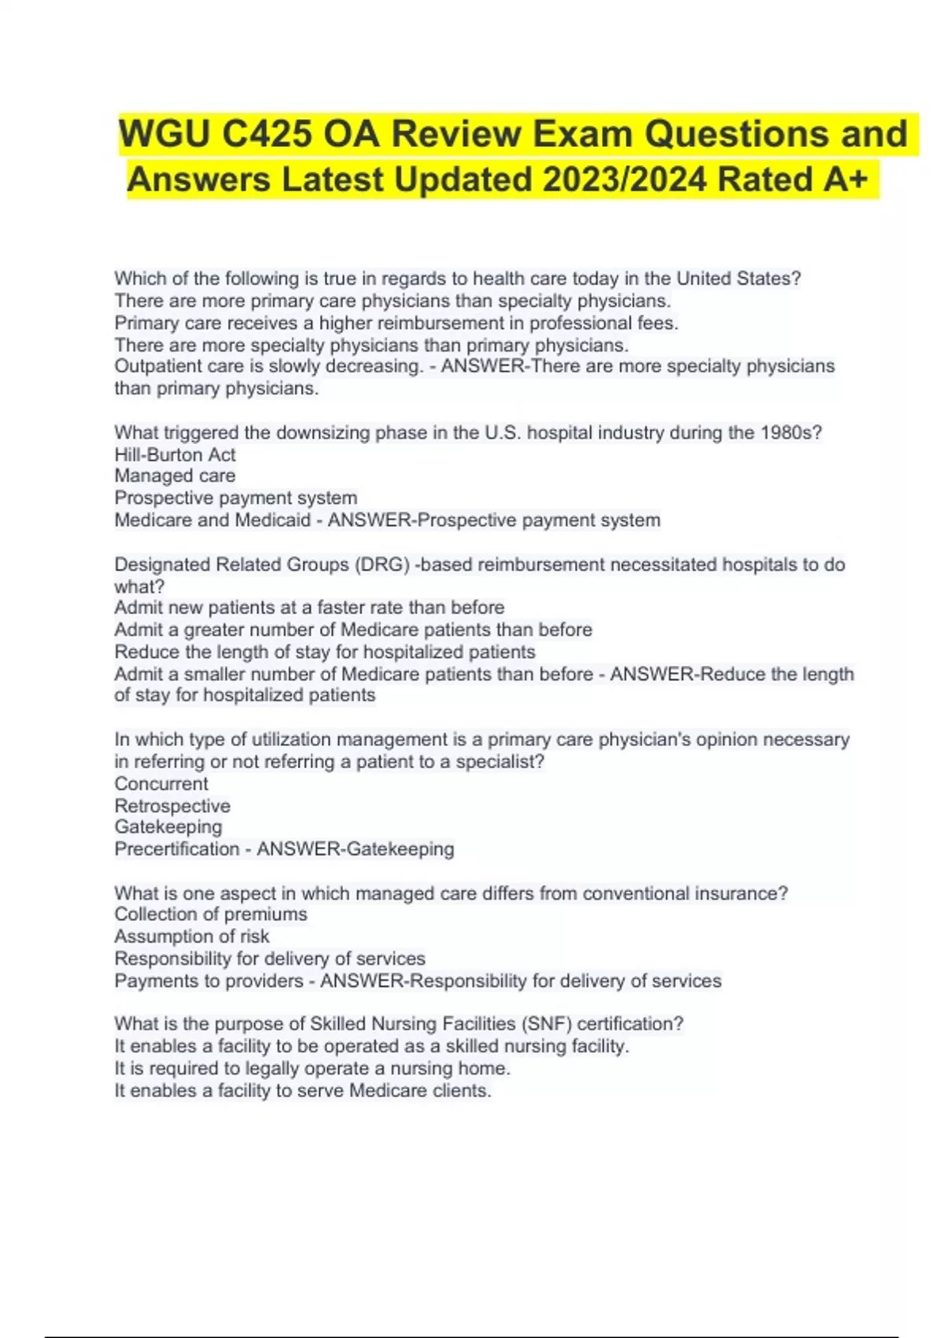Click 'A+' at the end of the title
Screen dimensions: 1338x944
(846, 179)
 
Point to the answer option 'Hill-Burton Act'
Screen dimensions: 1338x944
(175, 455)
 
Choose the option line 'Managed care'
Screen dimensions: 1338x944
(175, 476)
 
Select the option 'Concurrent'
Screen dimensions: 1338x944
(161, 784)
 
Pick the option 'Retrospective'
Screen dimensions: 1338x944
(172, 806)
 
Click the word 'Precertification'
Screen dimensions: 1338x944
(177, 849)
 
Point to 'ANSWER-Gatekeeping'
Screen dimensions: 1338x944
(356, 849)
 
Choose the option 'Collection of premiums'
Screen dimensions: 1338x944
(211, 915)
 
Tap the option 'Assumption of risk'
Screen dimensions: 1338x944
(192, 937)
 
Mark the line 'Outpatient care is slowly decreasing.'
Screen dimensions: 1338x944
(268, 367)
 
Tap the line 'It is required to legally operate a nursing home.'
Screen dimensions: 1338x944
(312, 1069)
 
